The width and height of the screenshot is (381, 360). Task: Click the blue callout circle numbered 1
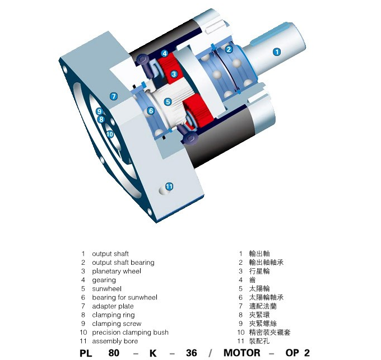pyautogui.click(x=277, y=52)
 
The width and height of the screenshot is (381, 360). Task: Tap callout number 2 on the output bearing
pyautogui.click(x=229, y=49)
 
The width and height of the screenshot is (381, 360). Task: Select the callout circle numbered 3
pyautogui.click(x=174, y=74)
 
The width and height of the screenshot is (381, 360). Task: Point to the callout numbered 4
pyautogui.click(x=165, y=53)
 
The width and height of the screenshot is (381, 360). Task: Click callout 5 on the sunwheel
pyautogui.click(x=168, y=102)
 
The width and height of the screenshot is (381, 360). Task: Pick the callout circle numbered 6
pyautogui.click(x=151, y=111)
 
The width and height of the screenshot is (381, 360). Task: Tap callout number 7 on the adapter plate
pyautogui.click(x=114, y=96)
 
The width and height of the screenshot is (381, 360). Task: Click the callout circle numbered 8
pyautogui.click(x=101, y=119)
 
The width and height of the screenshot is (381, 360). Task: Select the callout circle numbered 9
pyautogui.click(x=99, y=111)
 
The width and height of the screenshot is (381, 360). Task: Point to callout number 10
pyautogui.click(x=110, y=134)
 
